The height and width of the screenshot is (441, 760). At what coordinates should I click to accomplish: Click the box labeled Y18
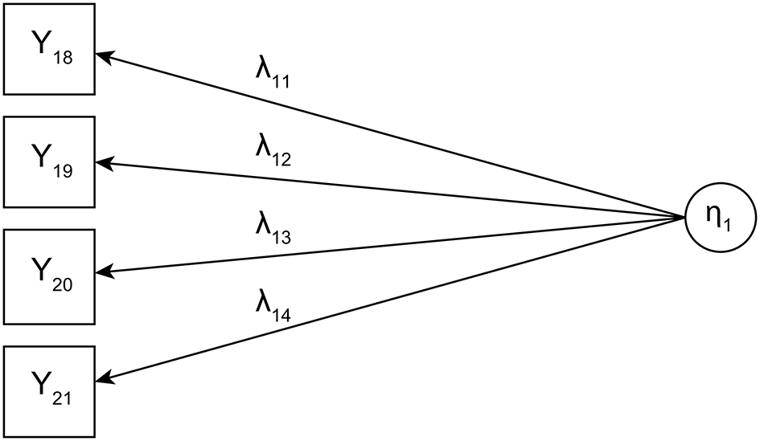tap(49, 49)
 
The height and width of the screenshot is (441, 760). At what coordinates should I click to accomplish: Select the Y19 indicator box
tap(49, 162)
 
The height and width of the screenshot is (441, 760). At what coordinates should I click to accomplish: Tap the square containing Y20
tap(49, 276)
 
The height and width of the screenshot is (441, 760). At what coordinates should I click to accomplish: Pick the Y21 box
tap(49, 392)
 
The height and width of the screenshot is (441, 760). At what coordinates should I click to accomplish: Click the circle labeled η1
tap(721, 218)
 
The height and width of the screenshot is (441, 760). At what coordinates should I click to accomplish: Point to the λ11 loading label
tap(273, 72)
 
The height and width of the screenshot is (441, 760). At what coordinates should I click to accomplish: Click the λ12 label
tap(273, 152)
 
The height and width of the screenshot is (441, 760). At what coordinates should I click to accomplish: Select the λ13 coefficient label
tap(273, 228)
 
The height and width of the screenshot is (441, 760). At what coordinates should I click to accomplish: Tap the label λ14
tap(273, 306)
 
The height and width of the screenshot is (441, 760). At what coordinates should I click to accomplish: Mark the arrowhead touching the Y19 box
tap(104, 164)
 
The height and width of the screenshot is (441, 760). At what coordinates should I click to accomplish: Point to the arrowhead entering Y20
tap(104, 272)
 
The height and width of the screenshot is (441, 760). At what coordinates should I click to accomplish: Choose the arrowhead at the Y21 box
tap(104, 377)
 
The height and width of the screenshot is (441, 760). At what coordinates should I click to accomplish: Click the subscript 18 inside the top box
tap(63, 58)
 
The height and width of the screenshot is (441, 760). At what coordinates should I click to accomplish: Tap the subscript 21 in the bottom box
tap(63, 398)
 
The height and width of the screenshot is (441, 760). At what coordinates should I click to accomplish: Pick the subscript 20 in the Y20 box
tap(63, 284)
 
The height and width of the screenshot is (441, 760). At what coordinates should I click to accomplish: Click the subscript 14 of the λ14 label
tap(282, 315)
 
